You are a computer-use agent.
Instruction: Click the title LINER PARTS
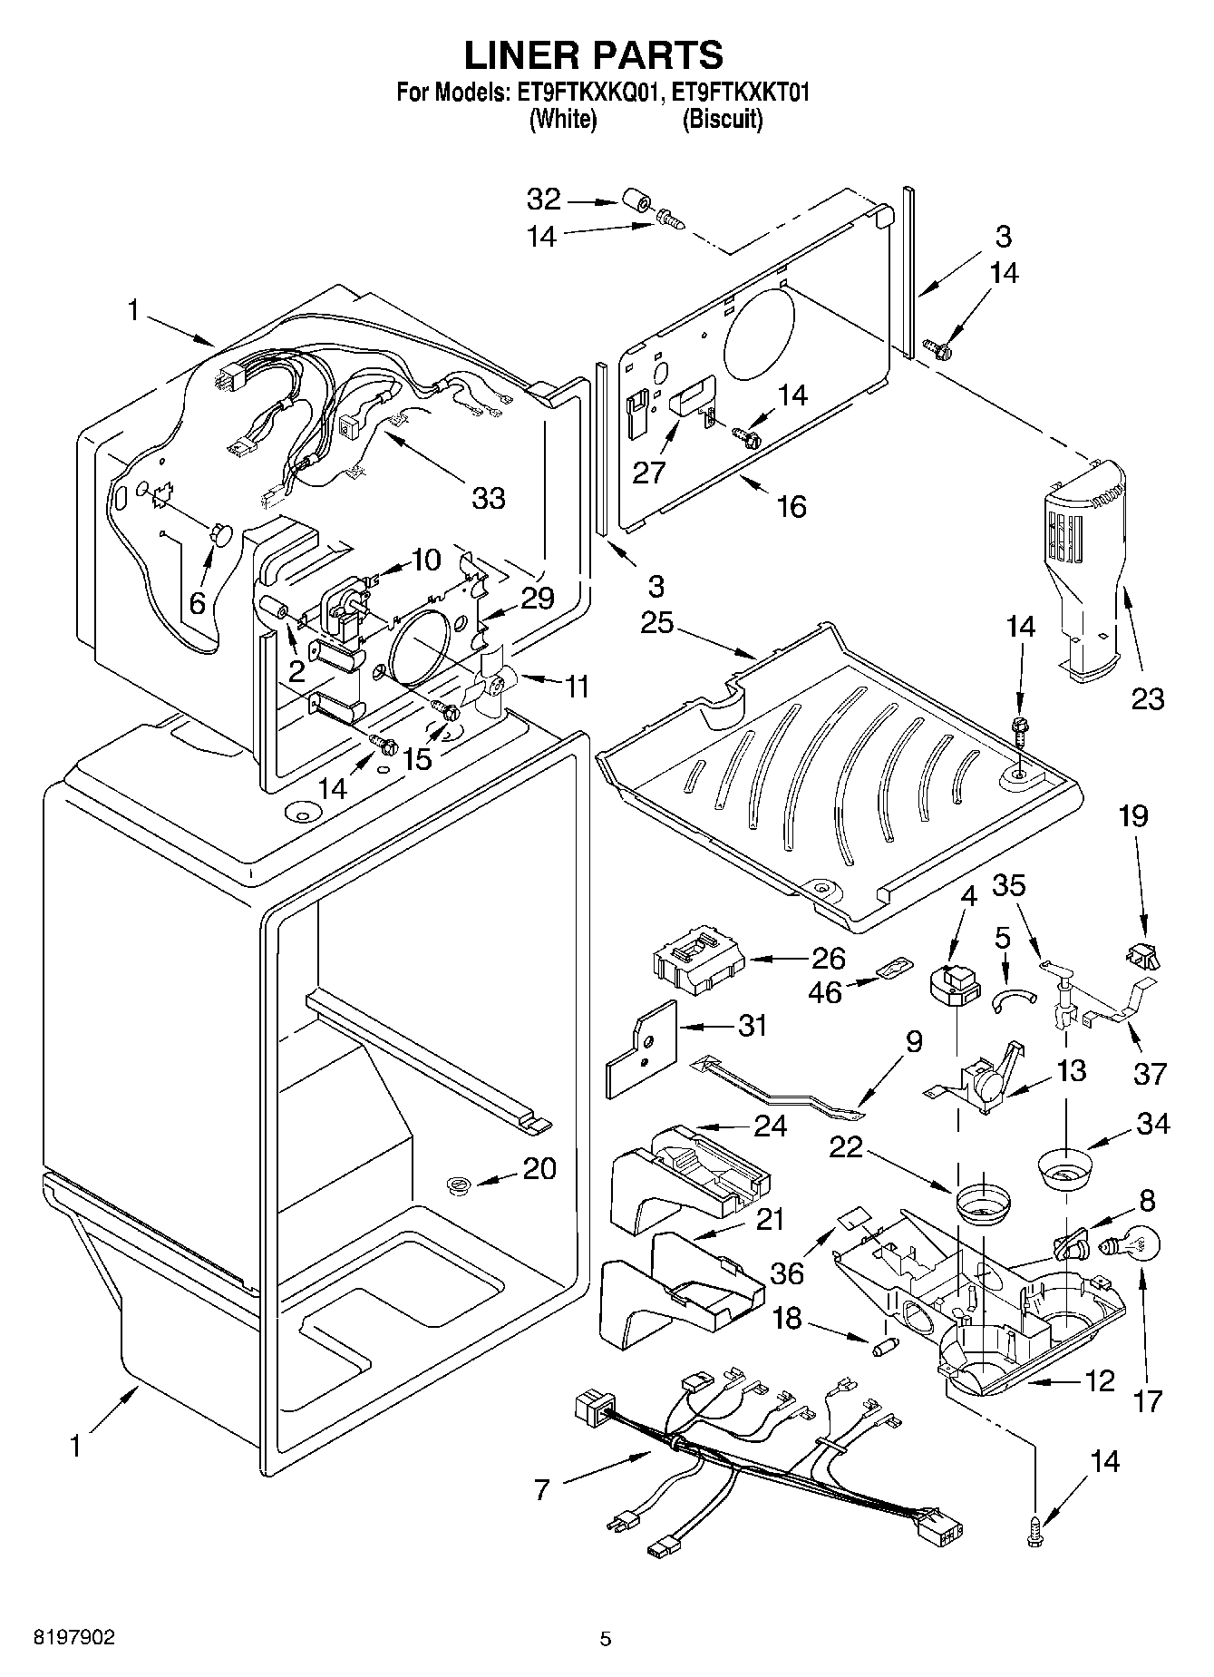coord(595,55)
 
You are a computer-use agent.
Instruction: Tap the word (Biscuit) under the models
coord(722,119)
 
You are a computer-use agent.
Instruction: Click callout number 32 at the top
coord(544,199)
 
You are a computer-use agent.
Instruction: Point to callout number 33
coord(488,498)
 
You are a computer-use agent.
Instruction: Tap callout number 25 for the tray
coord(656,623)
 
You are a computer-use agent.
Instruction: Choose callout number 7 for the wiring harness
coord(541,1488)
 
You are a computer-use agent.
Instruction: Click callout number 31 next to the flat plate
coord(752,1026)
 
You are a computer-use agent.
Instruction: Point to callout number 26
coord(827,958)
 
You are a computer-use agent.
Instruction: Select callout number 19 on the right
coord(1132,815)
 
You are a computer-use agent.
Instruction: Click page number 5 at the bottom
coord(606,1638)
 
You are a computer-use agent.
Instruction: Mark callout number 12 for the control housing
coord(1099,1381)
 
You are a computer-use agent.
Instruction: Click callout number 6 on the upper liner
coord(198,601)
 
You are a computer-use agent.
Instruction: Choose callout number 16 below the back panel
coord(792,506)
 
